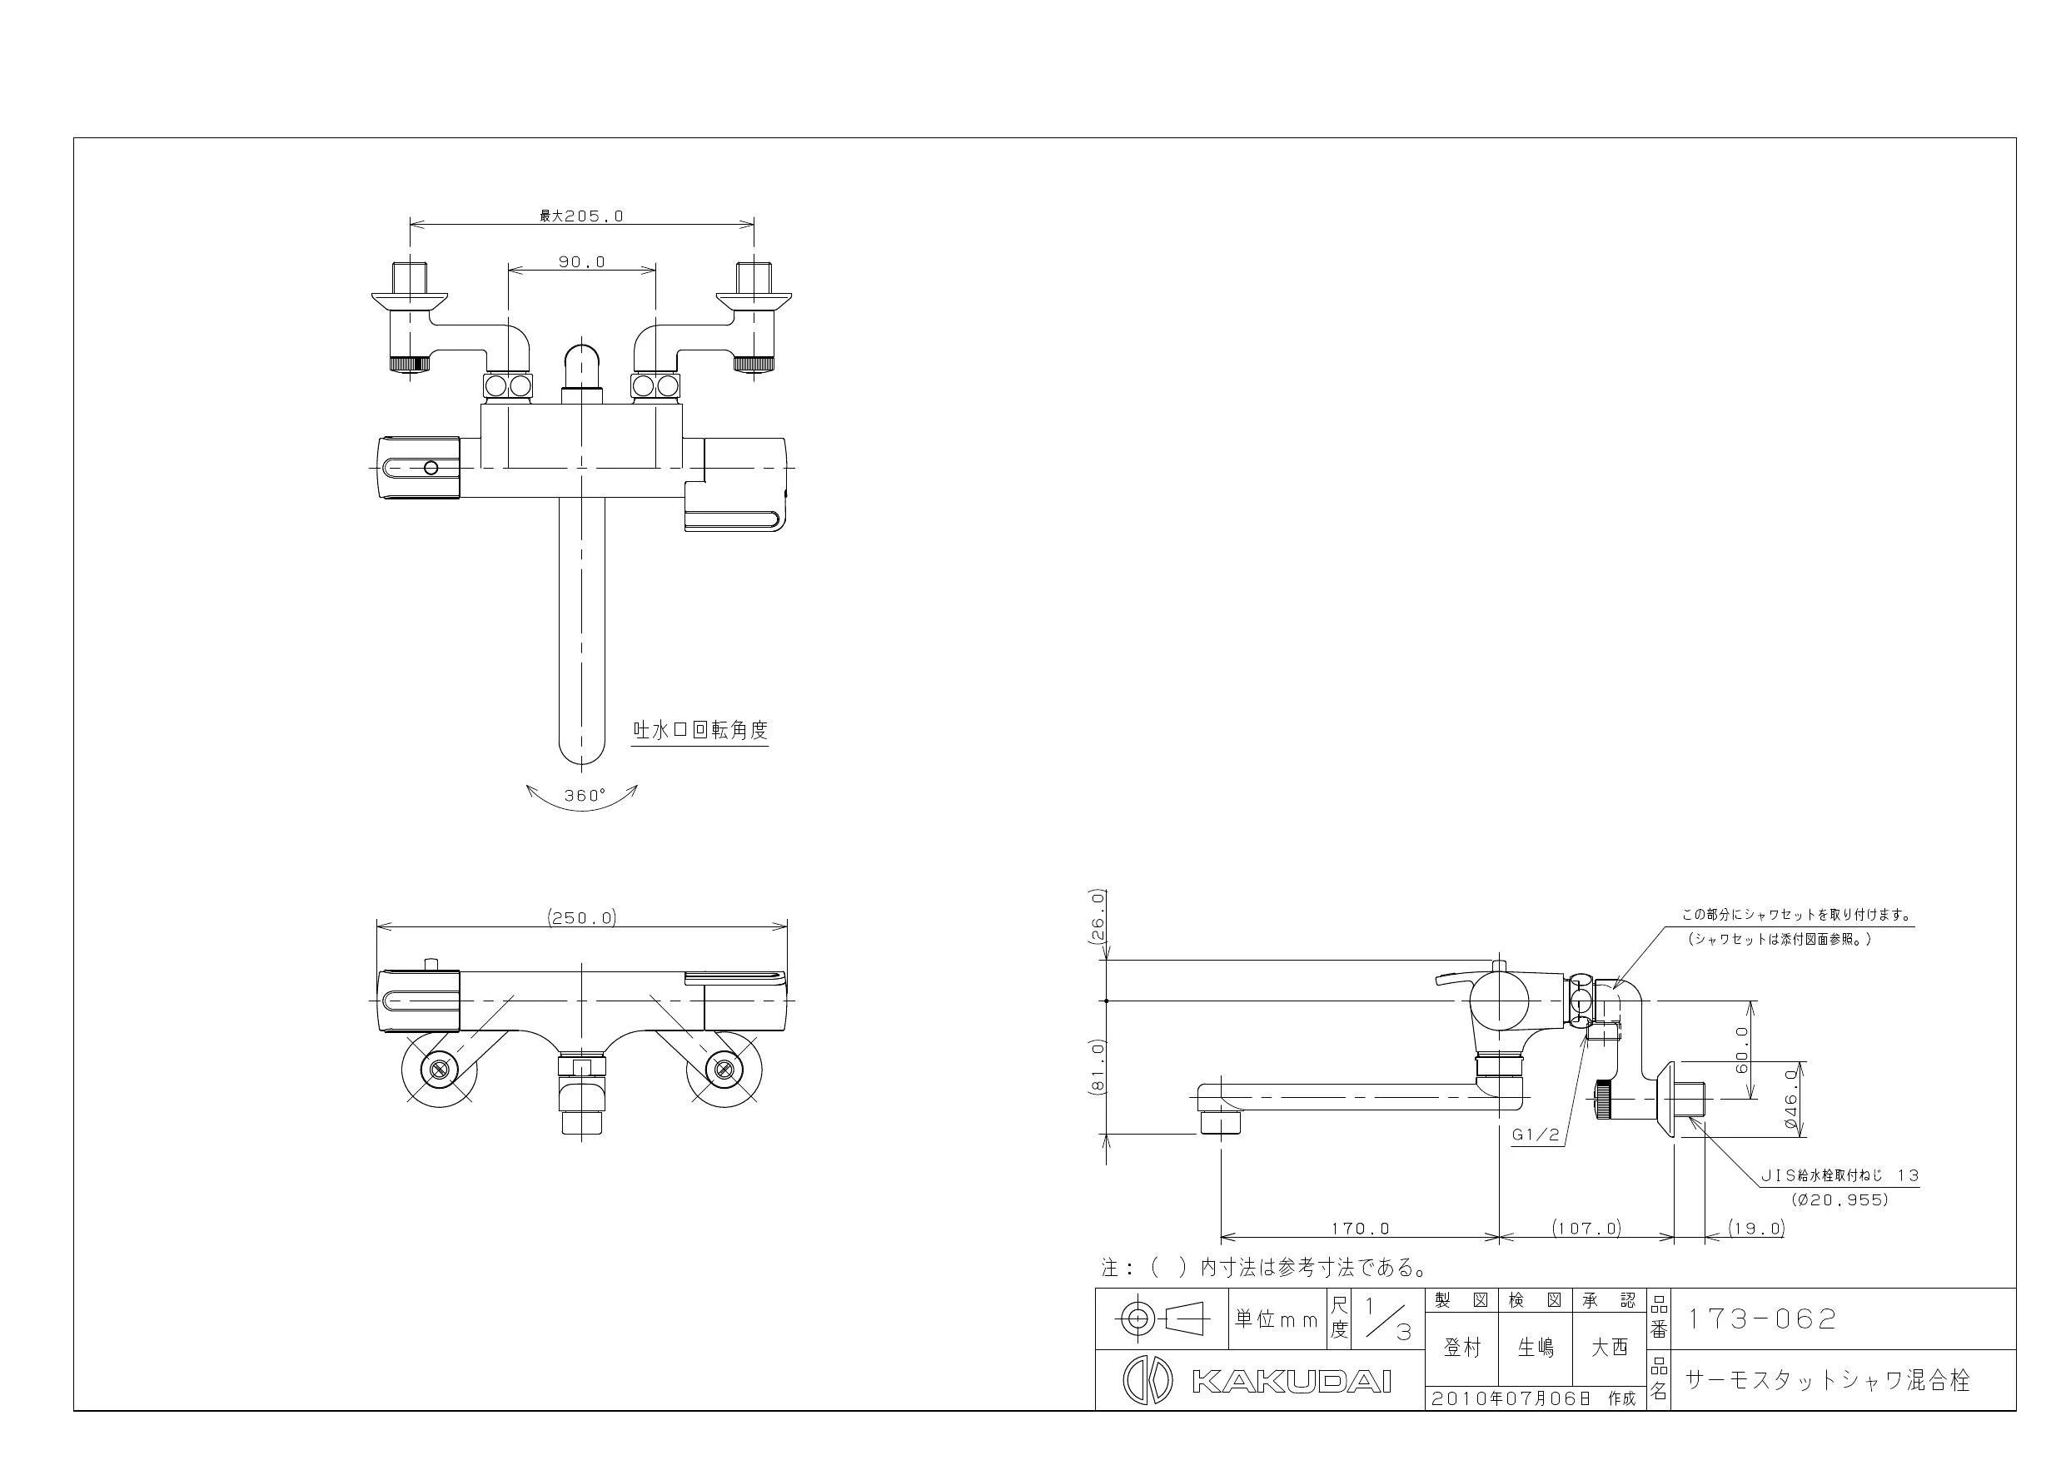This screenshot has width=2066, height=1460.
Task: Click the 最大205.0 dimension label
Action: pos(581,216)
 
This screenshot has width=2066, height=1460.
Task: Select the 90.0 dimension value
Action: pos(582,261)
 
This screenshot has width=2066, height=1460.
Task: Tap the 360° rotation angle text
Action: pos(585,795)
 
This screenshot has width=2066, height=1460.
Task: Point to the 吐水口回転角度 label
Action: pos(701,731)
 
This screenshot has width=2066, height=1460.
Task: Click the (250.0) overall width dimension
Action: pos(582,917)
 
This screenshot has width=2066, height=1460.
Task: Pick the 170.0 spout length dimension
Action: pos(1361,1228)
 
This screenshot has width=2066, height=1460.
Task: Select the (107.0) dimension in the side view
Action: pos(1586,1228)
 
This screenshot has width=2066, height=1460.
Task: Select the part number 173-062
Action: pos(1761,1318)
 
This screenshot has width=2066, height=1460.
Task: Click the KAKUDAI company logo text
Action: pos(1292,1382)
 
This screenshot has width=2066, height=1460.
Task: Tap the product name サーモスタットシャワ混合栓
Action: pos(1827,1380)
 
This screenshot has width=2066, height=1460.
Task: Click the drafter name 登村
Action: pos(1462,1348)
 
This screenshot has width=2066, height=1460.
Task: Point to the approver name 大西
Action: pos(1610,1348)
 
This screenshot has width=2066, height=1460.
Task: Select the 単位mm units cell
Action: pos(1276,1319)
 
